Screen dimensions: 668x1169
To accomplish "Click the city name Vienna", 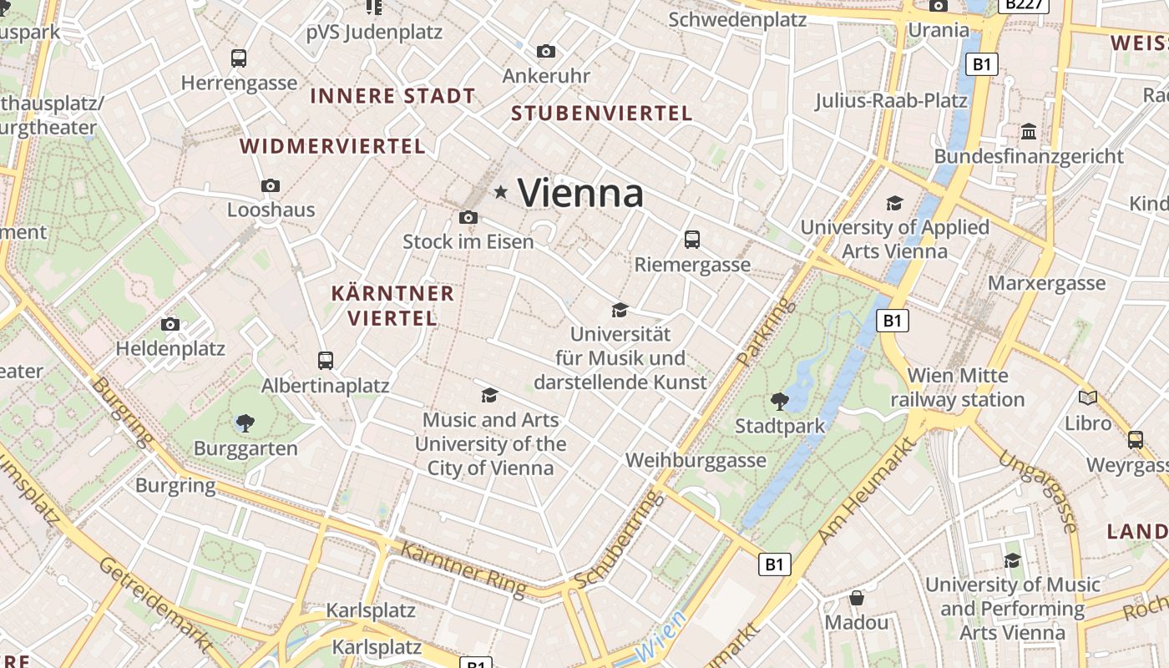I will [580, 193].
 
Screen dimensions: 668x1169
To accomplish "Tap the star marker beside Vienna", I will [501, 192].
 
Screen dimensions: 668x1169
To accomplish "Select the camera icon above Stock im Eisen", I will [468, 218].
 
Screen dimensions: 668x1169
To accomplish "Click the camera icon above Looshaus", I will [270, 185].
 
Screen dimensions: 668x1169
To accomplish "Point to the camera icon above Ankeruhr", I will [546, 52].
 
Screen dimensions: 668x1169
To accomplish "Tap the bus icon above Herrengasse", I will [239, 58].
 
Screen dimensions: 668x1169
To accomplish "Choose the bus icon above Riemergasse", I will [692, 240].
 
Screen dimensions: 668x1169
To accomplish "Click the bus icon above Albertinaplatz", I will [326, 361].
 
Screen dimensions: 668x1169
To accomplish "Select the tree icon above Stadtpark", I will [780, 402].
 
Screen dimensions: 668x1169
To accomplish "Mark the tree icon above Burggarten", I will [245, 423].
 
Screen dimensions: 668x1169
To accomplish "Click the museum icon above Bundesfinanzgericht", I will [1029, 132].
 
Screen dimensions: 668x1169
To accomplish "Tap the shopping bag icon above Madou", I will [857, 598].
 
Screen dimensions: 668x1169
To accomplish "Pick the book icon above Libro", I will [1088, 398].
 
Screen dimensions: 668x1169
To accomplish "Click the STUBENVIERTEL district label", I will [602, 114].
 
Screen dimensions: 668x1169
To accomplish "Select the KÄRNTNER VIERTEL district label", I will [392, 306].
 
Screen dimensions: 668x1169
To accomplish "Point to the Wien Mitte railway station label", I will [958, 387].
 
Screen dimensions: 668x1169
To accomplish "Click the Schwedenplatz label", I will [737, 19].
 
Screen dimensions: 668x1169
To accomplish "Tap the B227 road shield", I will [1023, 4].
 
